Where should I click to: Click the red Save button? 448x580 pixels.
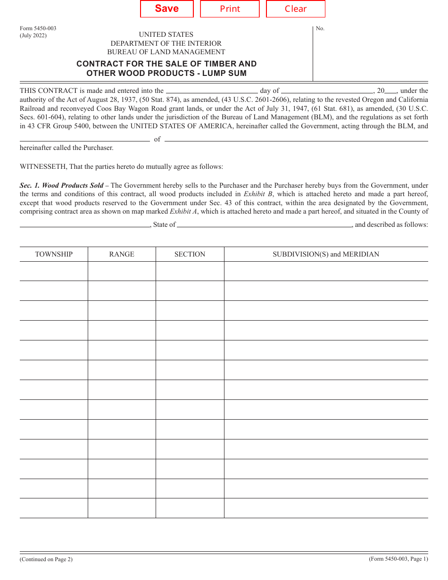click(167, 9)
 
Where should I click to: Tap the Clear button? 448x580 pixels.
click(296, 9)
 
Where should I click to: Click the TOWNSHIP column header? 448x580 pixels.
click(54, 254)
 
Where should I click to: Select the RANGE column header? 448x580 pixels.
click(122, 254)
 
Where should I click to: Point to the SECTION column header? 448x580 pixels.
click(190, 254)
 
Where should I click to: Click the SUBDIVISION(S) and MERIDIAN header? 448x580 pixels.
click(326, 254)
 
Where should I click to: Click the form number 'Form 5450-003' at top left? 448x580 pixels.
click(38, 28)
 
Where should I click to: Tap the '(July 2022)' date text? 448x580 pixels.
click(33, 35)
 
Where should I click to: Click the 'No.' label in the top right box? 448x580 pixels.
click(320, 28)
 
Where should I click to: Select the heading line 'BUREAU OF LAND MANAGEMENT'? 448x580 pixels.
click(166, 52)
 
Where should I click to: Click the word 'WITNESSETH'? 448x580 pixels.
click(43, 166)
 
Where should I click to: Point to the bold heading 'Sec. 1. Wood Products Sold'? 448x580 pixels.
click(61, 185)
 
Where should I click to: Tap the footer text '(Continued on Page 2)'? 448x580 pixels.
click(46, 559)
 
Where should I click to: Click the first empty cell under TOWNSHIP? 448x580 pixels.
click(54, 271)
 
